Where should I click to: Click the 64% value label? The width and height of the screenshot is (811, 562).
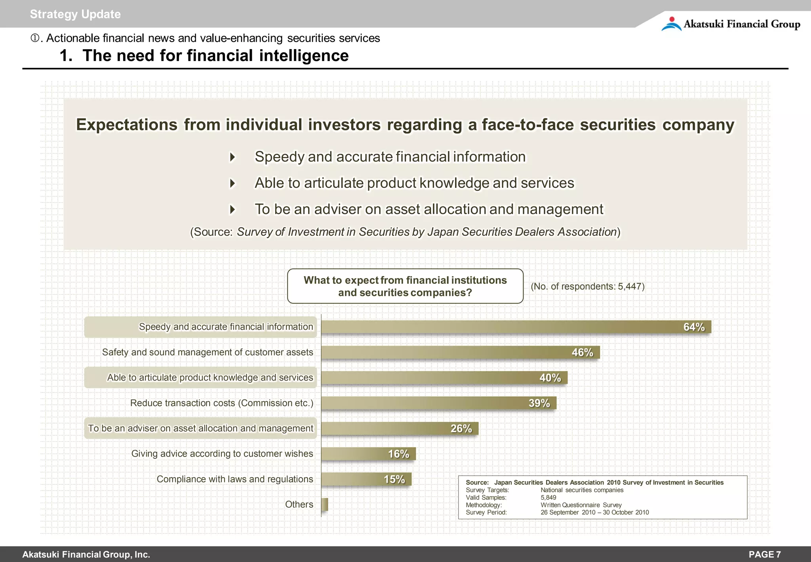coord(694,327)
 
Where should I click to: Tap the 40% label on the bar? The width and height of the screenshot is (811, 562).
coord(550,378)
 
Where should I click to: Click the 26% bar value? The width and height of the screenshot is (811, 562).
coord(461,428)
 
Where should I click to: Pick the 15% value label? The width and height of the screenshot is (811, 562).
coord(394,479)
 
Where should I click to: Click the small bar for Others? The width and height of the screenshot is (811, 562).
coord(325,505)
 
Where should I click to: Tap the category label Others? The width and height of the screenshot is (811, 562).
coord(299,505)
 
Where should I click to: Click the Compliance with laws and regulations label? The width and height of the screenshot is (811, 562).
coord(235,479)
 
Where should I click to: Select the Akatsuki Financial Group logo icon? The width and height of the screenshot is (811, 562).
coord(671,24)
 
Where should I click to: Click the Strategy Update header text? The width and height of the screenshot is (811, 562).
coord(75,14)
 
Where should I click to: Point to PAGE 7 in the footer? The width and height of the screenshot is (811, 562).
coord(765,554)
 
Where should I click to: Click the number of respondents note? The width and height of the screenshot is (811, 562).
coord(588,287)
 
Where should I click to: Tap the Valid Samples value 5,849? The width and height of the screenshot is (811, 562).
coord(548,497)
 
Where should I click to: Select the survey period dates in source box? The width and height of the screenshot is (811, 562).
coord(595,512)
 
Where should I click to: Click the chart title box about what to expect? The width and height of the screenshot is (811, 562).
coord(405,286)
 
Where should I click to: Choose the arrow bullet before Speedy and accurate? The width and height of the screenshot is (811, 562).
coord(233,157)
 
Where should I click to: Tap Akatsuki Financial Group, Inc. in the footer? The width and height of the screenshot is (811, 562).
coord(86,554)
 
